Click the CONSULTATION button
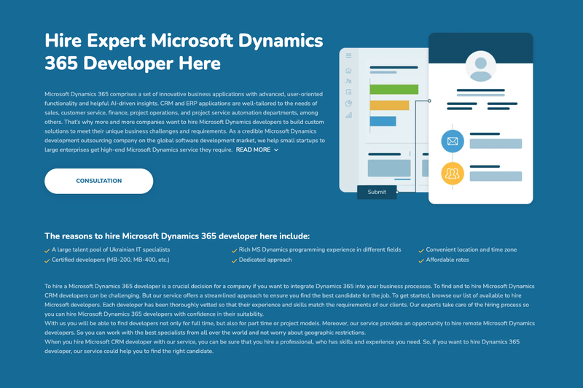pyautogui.click(x=99, y=181)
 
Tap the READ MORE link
pyautogui.click(x=253, y=150)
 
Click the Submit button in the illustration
pyautogui.click(x=377, y=192)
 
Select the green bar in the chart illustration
pyautogui.click(x=394, y=89)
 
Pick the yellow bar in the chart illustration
pyautogui.click(x=389, y=105)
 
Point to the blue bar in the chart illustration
pyautogui.click(x=383, y=121)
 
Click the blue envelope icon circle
pyautogui.click(x=453, y=141)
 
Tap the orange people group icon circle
pyautogui.click(x=453, y=174)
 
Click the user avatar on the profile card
pyautogui.click(x=481, y=66)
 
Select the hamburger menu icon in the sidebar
pyautogui.click(x=348, y=55)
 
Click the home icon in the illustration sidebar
pyautogui.click(x=348, y=70)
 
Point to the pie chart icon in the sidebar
pyautogui.click(x=348, y=104)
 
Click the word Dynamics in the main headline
pyautogui.click(x=281, y=42)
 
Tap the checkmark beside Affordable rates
pyautogui.click(x=421, y=261)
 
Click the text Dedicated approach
pyautogui.click(x=265, y=260)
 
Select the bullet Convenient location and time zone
pyautogui.click(x=471, y=249)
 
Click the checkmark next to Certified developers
pyautogui.click(x=47, y=261)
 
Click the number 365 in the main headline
pyautogui.click(x=61, y=63)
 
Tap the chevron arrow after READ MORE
pyautogui.click(x=276, y=150)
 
